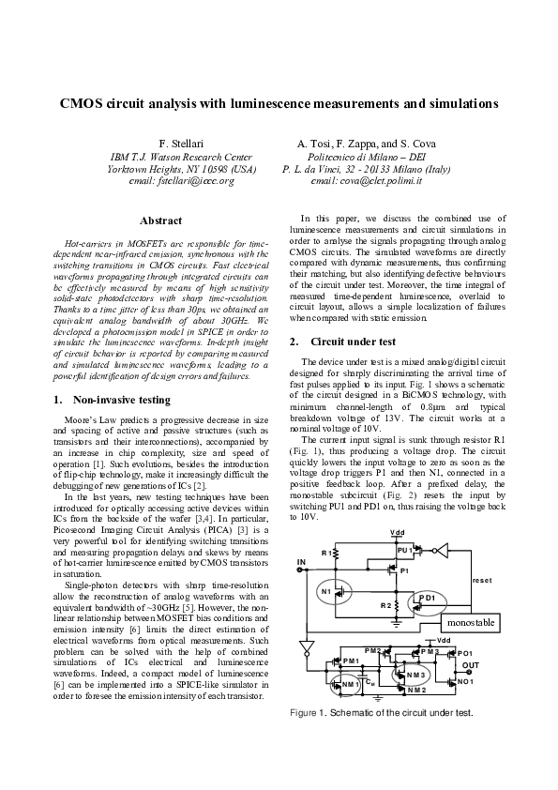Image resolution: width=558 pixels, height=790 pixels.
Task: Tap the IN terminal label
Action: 302,562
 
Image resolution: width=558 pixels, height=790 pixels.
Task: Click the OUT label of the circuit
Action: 472,665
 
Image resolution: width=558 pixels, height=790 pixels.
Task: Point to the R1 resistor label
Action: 326,554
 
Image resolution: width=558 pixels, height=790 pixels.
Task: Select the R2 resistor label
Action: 385,606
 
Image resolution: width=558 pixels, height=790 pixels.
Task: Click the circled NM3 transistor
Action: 415,675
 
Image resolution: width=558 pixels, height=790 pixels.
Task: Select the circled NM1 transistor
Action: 350,684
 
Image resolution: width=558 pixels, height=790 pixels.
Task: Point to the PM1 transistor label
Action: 352,661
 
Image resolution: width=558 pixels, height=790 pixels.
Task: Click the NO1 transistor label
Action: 464,681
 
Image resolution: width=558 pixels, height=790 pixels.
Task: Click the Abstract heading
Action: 160,220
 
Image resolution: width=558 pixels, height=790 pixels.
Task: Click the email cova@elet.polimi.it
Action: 367,180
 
